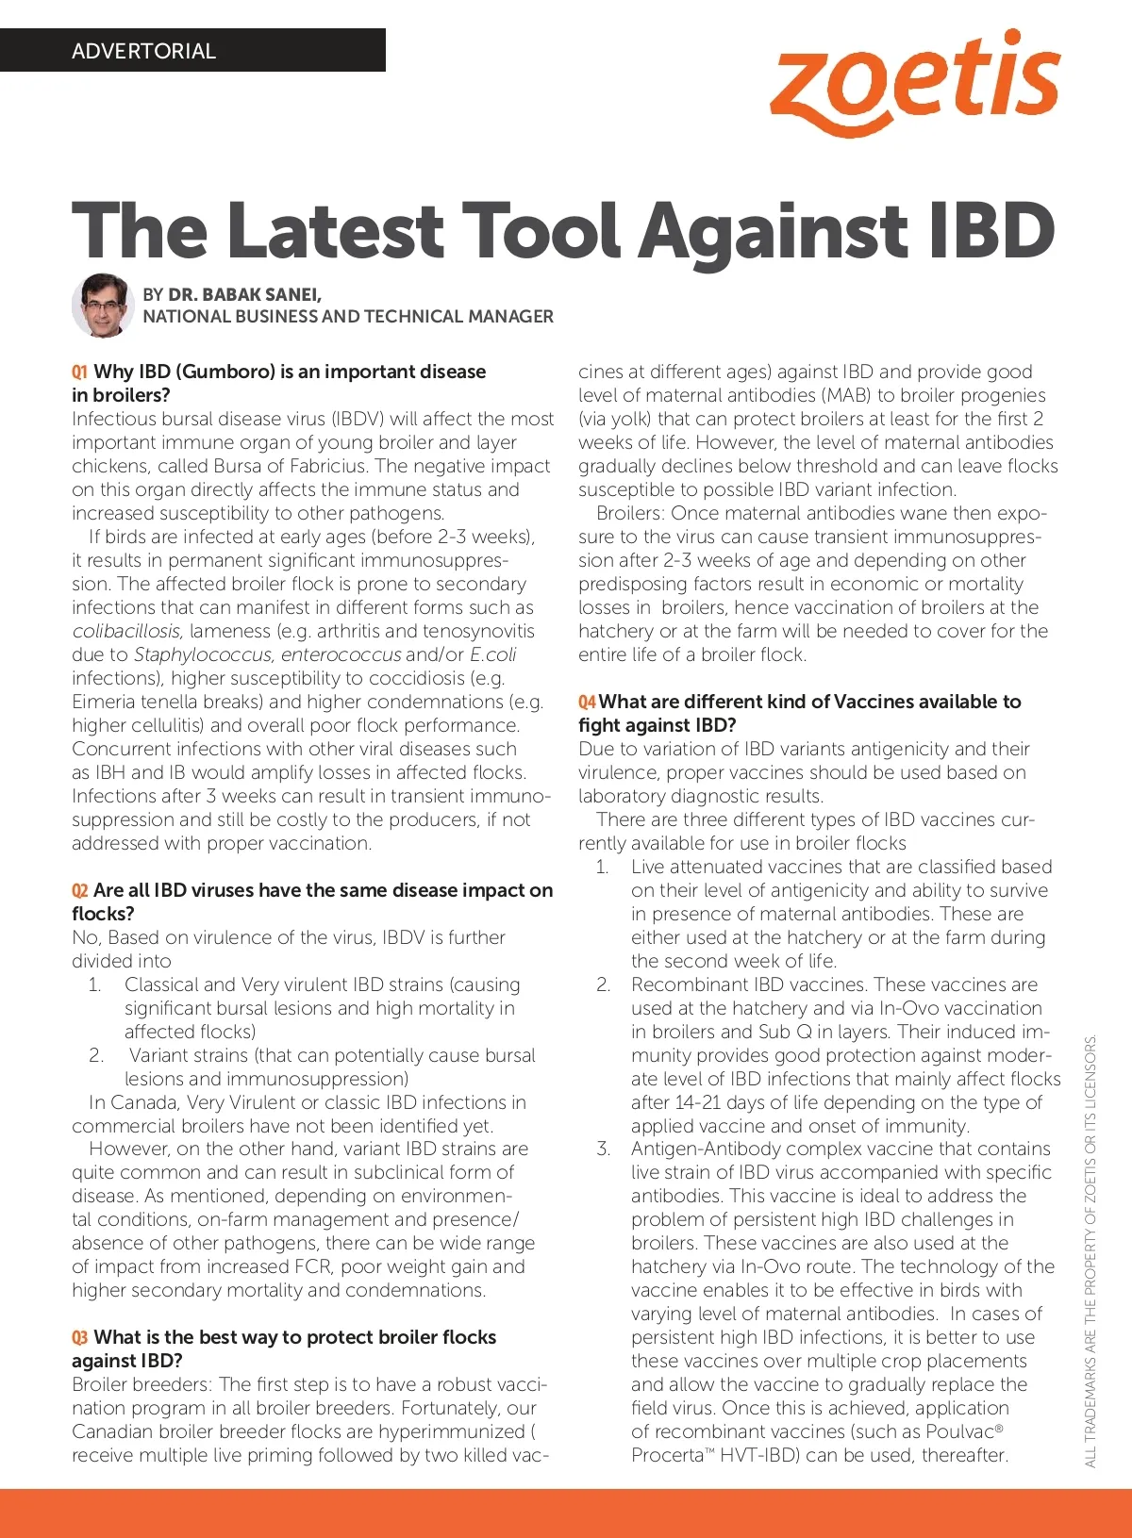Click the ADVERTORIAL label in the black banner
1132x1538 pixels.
(x=143, y=51)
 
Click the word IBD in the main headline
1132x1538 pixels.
(x=991, y=230)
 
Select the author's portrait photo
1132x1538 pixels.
(x=103, y=305)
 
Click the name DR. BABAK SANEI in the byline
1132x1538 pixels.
(x=244, y=294)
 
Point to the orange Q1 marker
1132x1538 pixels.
(x=79, y=372)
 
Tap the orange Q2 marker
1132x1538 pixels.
(x=79, y=891)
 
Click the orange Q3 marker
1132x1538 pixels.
(x=79, y=1338)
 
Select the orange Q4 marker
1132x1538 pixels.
(x=587, y=703)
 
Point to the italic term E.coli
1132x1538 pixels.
(x=492, y=654)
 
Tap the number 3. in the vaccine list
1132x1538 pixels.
(x=603, y=1149)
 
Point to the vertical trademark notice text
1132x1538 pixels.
(x=1090, y=1249)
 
